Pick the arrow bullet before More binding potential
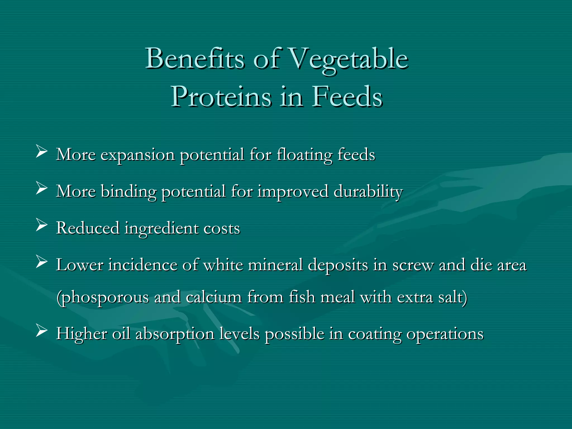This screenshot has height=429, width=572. [x=41, y=189]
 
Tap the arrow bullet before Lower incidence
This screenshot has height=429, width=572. [x=41, y=263]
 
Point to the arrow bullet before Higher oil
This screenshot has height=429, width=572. [x=41, y=331]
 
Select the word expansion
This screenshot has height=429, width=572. [x=137, y=155]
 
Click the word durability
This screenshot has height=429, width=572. [x=368, y=192]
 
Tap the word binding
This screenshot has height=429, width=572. [x=128, y=192]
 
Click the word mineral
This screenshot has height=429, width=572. [x=275, y=265]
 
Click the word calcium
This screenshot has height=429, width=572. [x=214, y=297]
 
